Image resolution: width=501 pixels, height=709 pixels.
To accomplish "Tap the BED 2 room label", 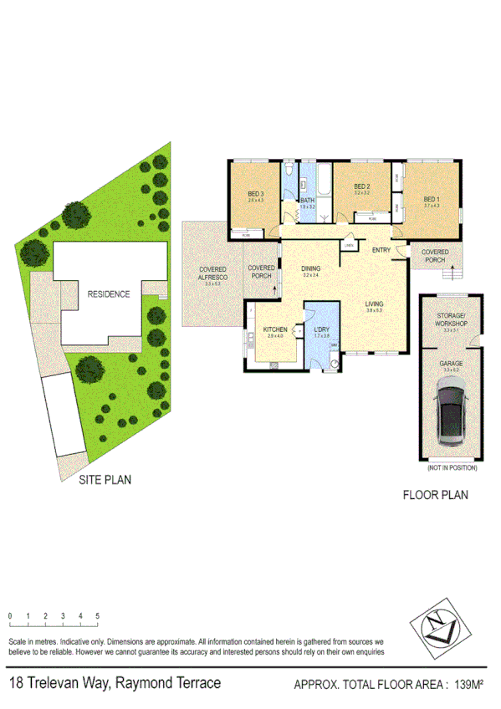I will coord(361,186).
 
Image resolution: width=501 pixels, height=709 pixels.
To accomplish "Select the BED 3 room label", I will coord(256,193).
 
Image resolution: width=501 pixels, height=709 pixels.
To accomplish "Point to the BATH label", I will coord(307,201).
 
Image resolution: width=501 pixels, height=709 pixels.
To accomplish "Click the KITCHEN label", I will coord(275,330).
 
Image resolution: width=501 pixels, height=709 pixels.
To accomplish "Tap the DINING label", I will coord(311,268).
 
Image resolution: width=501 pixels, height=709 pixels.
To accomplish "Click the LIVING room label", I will coord(374,304).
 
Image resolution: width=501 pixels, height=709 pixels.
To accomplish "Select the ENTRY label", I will coord(381,250).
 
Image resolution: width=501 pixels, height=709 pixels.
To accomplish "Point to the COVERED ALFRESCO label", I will coord(212,273).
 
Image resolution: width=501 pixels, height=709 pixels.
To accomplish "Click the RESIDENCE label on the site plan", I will coord(108,294).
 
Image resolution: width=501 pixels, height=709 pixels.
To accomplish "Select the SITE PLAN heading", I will coord(105,481).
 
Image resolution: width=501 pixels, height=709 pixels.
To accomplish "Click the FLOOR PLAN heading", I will coord(436,495).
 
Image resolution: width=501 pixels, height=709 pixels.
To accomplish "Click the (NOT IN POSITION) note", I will coord(452,468).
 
